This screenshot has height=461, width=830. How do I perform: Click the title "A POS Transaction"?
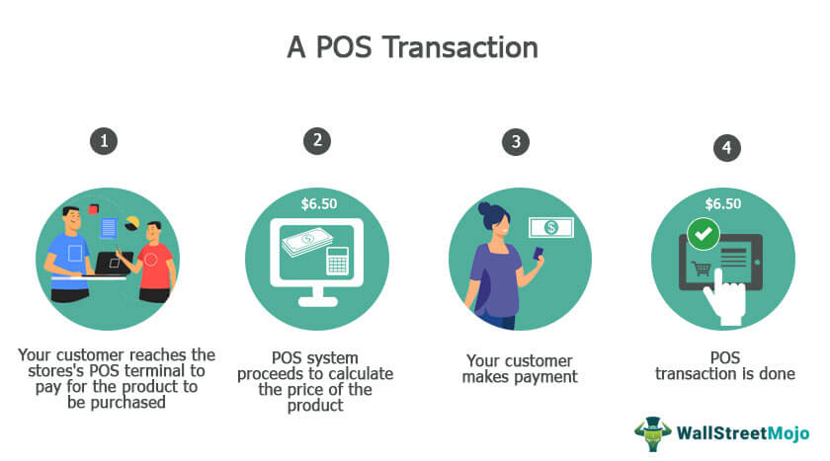413,46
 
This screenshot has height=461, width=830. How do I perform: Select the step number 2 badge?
316,140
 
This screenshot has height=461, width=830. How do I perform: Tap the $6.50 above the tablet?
724,203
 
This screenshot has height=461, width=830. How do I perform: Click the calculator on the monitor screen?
341,261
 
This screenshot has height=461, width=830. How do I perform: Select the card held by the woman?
539,253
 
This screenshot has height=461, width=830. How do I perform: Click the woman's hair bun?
484,209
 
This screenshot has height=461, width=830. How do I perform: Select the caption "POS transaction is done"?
724,365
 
